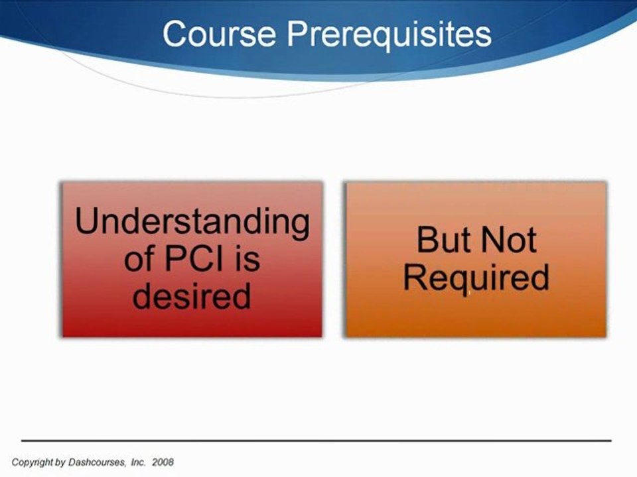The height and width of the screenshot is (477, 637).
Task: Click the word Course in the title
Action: [x=220, y=34]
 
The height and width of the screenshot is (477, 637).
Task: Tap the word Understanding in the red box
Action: [x=192, y=223]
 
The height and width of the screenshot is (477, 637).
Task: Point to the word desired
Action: [x=191, y=295]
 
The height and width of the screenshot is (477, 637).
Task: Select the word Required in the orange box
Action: [x=476, y=278]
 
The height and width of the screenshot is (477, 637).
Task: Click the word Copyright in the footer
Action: [x=32, y=462]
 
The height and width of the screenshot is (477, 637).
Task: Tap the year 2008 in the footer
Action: [x=163, y=462]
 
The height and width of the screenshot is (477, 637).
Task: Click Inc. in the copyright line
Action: [x=138, y=462]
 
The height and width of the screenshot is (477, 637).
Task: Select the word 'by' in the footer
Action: [x=60, y=462]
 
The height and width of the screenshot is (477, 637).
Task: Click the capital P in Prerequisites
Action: [x=298, y=34]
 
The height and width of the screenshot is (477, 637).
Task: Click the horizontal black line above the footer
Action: [x=316, y=440]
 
